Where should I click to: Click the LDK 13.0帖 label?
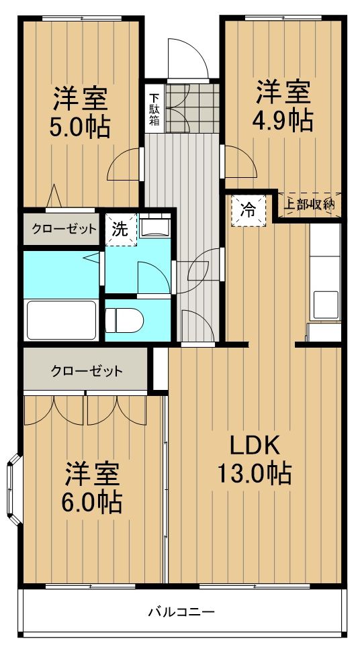(x=253, y=459)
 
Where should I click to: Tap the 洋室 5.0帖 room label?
(x=80, y=111)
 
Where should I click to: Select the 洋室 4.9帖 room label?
(x=283, y=105)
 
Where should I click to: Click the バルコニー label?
(x=181, y=611)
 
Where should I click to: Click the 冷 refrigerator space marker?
(x=249, y=209)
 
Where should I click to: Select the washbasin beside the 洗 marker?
(x=154, y=227)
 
